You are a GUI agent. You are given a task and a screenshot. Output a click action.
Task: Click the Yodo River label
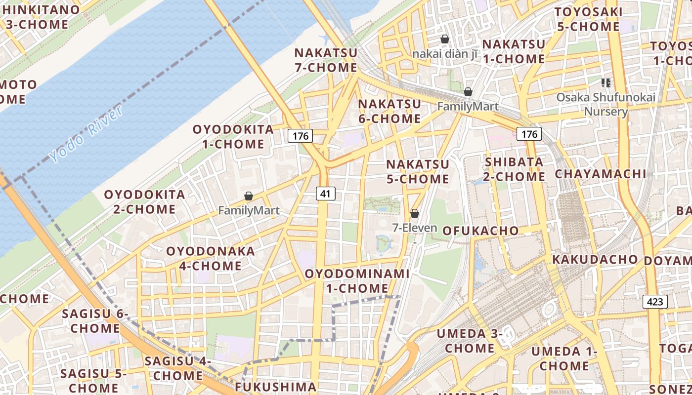[x=87, y=135]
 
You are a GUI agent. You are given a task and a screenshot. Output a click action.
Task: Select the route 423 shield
[x=655, y=302]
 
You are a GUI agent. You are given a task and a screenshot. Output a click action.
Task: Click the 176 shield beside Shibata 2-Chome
[x=529, y=134]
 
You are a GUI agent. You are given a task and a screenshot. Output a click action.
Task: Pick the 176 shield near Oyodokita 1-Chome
[x=301, y=136]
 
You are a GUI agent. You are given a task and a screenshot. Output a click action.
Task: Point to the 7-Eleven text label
[x=415, y=228]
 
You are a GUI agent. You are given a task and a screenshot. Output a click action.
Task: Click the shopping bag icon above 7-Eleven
[x=415, y=213]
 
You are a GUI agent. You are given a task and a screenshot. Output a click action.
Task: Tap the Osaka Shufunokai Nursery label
[x=606, y=104]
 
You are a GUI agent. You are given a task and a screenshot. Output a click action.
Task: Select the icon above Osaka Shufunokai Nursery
[x=606, y=83]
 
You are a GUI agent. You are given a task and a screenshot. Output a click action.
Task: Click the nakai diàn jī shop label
[x=445, y=54]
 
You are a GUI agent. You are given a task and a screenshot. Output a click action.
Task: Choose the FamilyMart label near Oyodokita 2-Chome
[x=249, y=211]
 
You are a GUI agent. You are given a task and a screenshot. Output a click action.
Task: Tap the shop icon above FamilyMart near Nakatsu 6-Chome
[x=468, y=92]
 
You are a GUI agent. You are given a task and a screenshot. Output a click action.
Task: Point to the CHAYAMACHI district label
[x=600, y=174]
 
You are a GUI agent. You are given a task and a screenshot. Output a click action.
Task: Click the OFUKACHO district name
[x=480, y=231]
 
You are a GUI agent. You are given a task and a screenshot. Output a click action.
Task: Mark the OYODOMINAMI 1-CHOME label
[x=357, y=280]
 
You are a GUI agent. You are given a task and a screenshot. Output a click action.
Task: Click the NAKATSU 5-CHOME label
[x=418, y=171]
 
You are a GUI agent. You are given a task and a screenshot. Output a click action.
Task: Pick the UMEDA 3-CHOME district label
[x=470, y=341]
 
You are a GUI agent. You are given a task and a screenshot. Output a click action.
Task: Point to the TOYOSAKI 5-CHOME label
[x=588, y=19]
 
